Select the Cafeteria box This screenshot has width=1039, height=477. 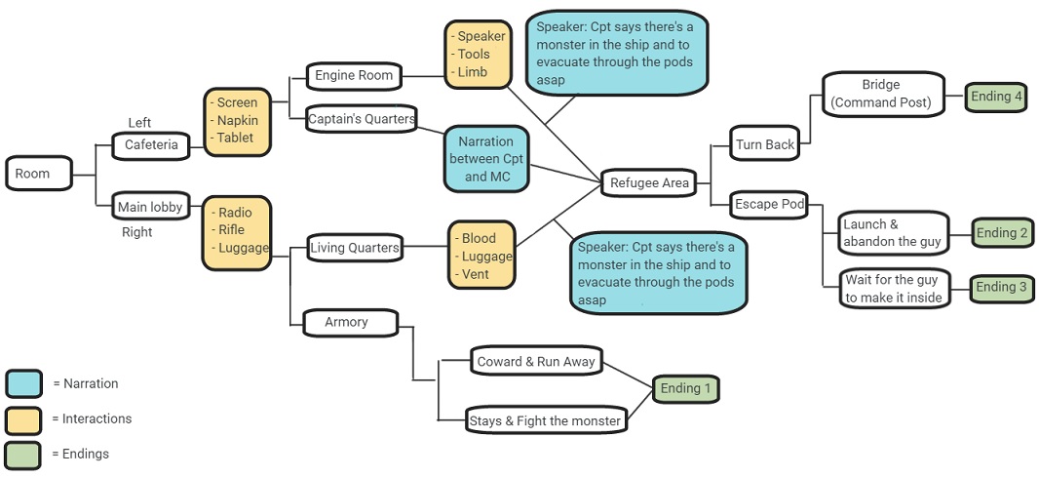(x=151, y=145)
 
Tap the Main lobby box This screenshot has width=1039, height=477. (x=150, y=207)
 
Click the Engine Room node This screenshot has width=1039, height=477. (x=354, y=75)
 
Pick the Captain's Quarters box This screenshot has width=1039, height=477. (x=361, y=119)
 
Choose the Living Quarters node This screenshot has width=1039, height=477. (x=354, y=248)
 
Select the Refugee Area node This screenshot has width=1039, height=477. (x=648, y=182)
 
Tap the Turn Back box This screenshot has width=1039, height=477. (x=765, y=144)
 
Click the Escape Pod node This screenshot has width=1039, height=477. (x=769, y=204)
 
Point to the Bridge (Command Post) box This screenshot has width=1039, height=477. (x=883, y=94)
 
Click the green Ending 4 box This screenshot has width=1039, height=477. (x=997, y=97)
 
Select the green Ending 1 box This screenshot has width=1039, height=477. (x=685, y=389)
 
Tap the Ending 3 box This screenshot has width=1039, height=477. (x=1002, y=287)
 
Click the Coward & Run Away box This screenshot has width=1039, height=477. (x=535, y=362)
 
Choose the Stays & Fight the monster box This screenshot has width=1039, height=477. (x=544, y=420)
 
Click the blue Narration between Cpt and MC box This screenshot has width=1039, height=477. (x=486, y=159)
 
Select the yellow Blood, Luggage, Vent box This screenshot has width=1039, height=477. (x=481, y=256)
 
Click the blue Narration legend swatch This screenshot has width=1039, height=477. (x=23, y=383)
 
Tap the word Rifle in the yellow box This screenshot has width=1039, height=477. (x=232, y=230)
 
